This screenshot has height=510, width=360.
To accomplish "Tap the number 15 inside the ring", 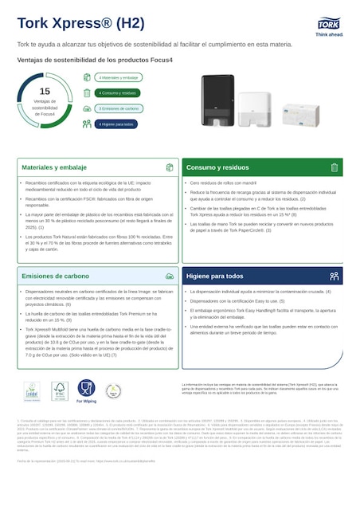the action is click(x=45, y=92).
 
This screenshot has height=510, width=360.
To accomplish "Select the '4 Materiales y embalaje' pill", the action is click(x=118, y=78).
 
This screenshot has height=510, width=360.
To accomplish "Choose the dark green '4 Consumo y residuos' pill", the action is click(x=118, y=93).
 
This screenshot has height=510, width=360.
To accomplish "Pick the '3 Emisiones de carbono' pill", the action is click(x=118, y=108).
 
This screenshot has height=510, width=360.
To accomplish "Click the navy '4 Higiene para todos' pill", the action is click(x=118, y=124).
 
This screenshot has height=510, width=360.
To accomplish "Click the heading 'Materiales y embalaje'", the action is click(x=54, y=168).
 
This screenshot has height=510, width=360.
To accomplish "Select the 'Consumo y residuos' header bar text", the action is click(x=217, y=168).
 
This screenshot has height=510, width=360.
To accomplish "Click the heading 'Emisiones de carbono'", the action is click(x=56, y=276).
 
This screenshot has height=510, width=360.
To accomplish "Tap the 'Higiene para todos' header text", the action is click(x=215, y=276).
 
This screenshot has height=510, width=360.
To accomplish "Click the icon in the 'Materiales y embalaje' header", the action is click(x=169, y=168).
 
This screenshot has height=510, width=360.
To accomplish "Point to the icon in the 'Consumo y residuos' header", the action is click(x=334, y=168).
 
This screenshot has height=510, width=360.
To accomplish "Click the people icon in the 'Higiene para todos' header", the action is click(x=334, y=276).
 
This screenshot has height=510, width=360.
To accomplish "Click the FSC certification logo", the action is click(x=58, y=390).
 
